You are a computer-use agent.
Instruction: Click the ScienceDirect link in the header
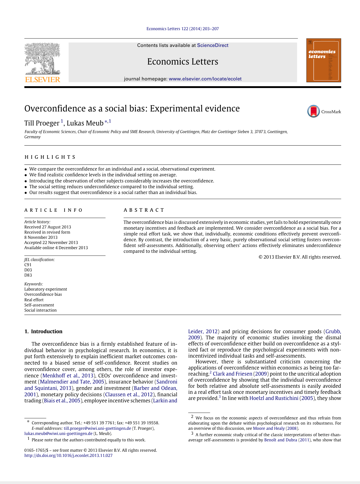point(213,45)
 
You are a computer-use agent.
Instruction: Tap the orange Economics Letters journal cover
point(323,60)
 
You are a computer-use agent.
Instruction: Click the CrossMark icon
point(314,111)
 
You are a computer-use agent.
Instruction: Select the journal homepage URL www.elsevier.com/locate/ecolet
point(205,79)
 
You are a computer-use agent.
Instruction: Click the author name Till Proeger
point(42,123)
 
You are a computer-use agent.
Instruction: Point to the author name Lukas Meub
point(85,123)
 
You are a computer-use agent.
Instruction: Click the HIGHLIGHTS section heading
point(50,157)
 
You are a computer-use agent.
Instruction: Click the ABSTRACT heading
point(144,210)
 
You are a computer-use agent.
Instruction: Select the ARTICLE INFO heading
point(54,210)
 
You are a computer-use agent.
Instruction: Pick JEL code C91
point(28,265)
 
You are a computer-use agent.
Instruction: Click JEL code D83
point(28,275)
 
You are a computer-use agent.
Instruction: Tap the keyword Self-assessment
point(39,305)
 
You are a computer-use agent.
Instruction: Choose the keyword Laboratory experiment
point(46,289)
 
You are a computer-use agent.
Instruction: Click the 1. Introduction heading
point(43,331)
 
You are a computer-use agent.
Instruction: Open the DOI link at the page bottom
point(69,456)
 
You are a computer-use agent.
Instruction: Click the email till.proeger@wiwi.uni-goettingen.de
point(97,428)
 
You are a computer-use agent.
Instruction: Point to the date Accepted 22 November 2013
point(51,243)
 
